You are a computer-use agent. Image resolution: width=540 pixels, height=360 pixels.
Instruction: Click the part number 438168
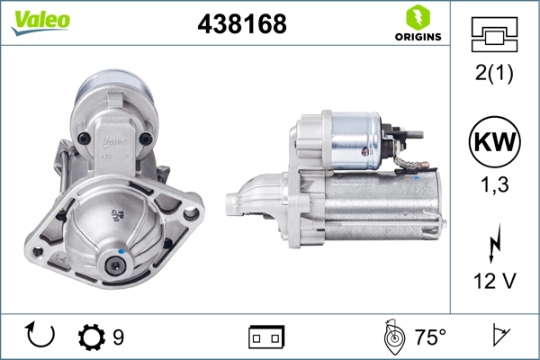coord(241,25)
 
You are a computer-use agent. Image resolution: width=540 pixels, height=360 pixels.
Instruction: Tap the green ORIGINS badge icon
coord(416,17)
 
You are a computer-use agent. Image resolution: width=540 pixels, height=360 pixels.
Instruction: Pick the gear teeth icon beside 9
coord(90,337)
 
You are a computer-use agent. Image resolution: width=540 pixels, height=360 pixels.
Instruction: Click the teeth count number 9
coord(118,337)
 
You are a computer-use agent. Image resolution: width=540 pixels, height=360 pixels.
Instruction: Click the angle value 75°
coord(430,337)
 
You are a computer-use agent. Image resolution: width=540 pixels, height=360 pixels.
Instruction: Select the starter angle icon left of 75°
coord(391,337)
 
